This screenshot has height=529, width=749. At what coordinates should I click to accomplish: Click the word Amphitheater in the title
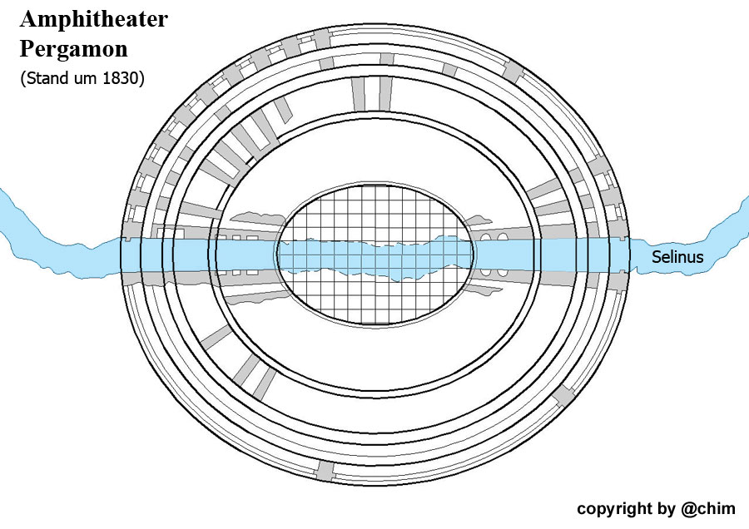tap(93, 19)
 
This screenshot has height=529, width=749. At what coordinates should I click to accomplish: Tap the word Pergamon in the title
tap(73, 48)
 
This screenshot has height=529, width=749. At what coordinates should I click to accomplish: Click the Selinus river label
tap(677, 257)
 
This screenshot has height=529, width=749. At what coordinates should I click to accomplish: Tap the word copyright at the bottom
tap(613, 508)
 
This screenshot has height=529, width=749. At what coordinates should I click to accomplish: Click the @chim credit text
tap(708, 508)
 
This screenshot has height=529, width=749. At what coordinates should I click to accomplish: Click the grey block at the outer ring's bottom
tap(325, 470)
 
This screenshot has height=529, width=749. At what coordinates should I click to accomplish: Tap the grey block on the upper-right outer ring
tap(512, 77)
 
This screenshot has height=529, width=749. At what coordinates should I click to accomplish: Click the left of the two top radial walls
tap(359, 92)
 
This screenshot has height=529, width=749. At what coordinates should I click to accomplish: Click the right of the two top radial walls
tap(385, 92)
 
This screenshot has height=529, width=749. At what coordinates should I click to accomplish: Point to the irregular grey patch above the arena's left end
tap(254, 217)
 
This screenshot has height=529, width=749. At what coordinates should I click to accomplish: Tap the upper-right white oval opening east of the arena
tap(502, 239)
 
